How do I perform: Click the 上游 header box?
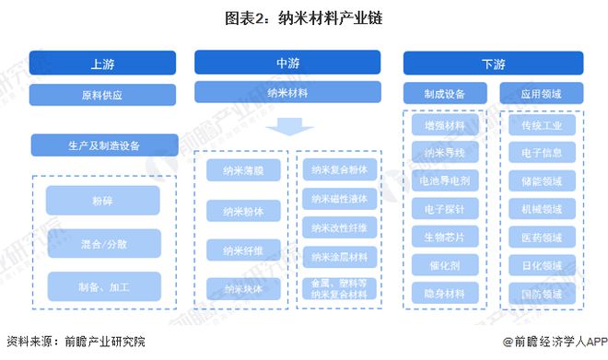click(103, 64)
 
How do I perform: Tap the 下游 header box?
click(493, 64)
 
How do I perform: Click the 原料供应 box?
click(103, 94)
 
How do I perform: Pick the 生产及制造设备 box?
click(103, 145)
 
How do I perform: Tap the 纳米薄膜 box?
click(241, 170)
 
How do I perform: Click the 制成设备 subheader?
click(444, 93)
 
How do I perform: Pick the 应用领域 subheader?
click(542, 93)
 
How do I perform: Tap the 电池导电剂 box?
click(444, 181)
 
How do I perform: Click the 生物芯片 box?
click(444, 237)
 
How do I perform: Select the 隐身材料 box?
click(444, 294)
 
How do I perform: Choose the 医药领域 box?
click(542, 237)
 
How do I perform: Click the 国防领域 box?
click(542, 294)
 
